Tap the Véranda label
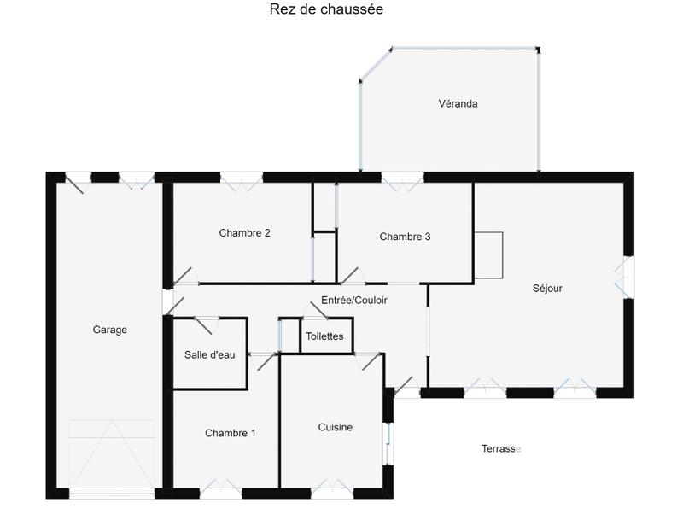pos(458,104)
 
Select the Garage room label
pos(110,330)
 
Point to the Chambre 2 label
pos(245,232)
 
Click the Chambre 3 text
pos(405,237)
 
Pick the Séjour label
pos(547,289)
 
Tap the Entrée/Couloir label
pos(353,300)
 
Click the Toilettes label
pos(324,336)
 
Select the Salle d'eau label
pos(210,355)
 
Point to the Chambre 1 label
pos(231,433)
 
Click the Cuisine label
pos(336,427)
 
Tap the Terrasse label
pos(500,448)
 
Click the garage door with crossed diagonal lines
pos(112,454)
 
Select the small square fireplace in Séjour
pos(488,255)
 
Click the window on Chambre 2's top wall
pos(242,178)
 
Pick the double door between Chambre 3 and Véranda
pos(402,178)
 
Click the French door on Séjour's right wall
pos(628,277)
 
